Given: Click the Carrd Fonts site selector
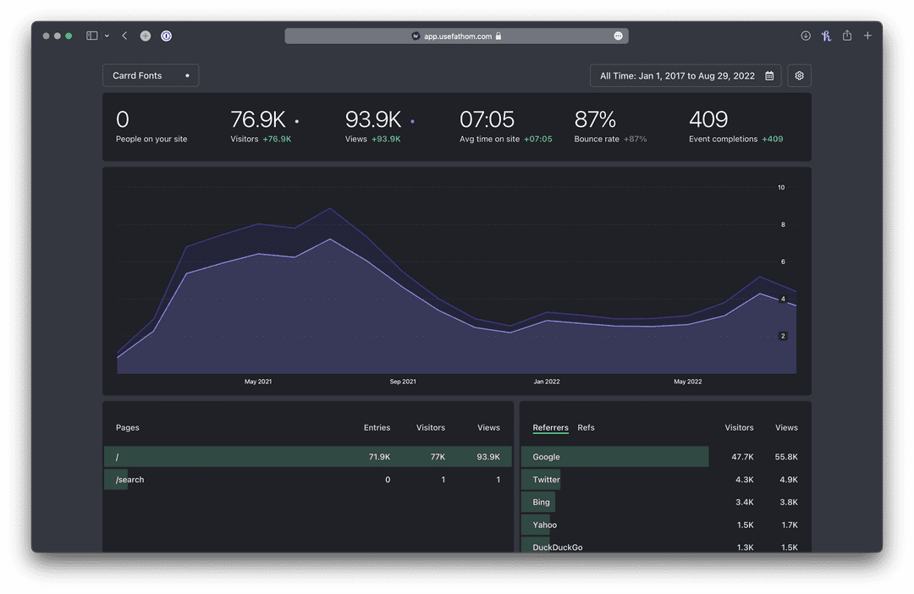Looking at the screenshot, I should [151, 75].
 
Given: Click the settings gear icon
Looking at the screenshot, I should [799, 75].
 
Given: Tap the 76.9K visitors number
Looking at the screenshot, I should [258, 120].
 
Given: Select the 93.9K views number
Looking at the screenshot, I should [373, 120].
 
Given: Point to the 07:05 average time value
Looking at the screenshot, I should [487, 120].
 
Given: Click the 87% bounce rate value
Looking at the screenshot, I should [595, 120].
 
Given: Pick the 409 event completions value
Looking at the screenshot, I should [708, 120].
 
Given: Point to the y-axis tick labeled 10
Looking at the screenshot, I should [781, 187].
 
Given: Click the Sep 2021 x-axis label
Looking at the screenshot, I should [403, 382].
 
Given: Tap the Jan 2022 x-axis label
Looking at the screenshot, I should [546, 382].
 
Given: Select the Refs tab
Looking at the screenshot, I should [586, 427].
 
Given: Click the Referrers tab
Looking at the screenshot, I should [550, 427].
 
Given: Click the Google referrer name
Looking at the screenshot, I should [546, 457].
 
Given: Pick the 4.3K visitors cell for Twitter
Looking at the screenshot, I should [742, 480].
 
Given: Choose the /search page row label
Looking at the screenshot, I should [130, 480].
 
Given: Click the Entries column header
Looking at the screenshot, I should [377, 427].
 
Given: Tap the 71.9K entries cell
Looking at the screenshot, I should [379, 457].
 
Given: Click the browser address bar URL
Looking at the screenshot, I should [457, 36].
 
